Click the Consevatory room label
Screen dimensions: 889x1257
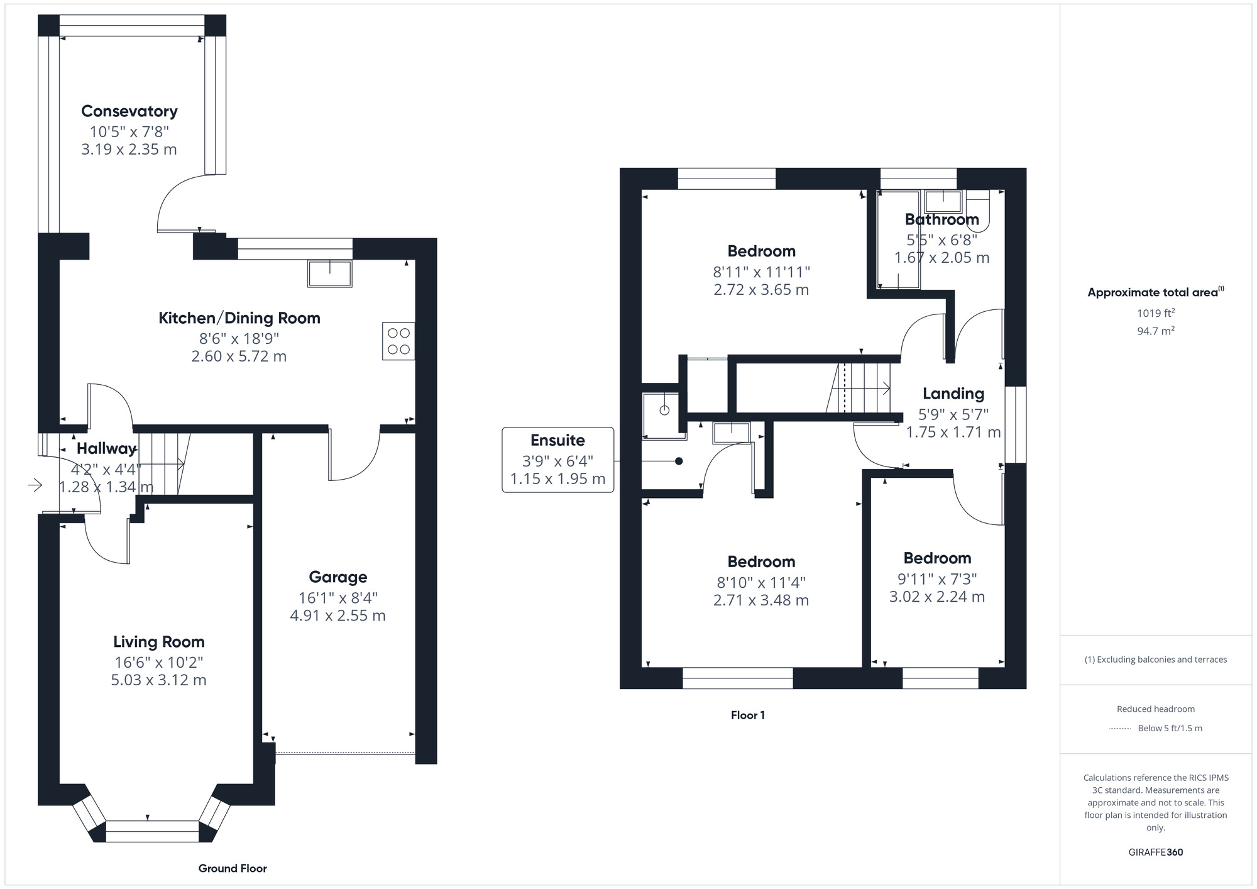129,111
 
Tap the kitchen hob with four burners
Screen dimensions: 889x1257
398,341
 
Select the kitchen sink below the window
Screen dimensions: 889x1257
329,273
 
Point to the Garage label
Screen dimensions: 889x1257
338,577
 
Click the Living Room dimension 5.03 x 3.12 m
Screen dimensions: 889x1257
159,680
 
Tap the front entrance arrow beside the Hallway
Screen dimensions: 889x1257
35,485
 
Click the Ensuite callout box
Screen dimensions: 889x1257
557,460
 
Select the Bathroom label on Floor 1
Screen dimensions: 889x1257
941,219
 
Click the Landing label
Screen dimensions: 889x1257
953,394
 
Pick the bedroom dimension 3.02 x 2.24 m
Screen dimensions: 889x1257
936,597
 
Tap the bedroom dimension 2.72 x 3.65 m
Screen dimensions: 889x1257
761,290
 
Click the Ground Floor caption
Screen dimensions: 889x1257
233,868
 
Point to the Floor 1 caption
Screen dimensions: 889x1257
747,715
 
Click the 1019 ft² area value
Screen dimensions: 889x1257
1155,313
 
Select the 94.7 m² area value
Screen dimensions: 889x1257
1155,331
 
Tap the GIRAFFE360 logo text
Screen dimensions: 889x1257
1155,853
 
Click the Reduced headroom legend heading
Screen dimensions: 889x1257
1155,709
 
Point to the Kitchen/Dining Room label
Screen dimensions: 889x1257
239,318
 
